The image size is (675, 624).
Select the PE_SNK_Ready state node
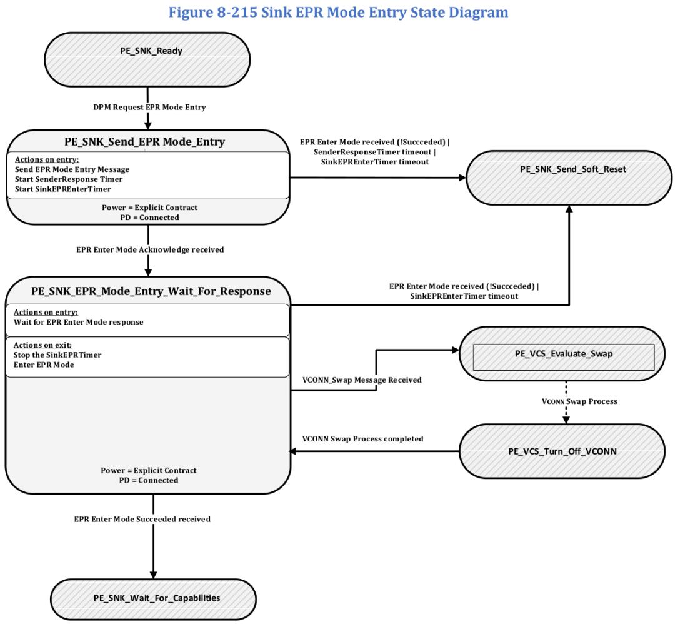coord(147,59)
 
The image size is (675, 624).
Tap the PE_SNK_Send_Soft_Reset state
coord(569,178)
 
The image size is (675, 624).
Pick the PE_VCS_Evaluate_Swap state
coord(562,353)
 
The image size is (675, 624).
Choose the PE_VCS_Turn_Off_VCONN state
coord(562,451)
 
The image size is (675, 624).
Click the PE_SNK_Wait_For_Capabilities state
coord(154,599)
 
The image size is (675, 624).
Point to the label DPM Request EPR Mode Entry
coord(149,107)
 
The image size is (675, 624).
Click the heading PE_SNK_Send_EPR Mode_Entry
coord(144,142)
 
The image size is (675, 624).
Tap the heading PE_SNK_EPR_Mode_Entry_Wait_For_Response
coord(151,291)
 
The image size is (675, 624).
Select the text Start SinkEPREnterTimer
coord(63,189)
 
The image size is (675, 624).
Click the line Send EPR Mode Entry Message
coord(72,169)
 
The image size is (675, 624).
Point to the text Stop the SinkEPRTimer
coord(57,355)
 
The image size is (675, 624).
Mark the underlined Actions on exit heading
coord(42,345)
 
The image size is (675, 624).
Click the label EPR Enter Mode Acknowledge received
coord(150,249)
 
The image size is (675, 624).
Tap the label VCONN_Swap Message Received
coord(362,380)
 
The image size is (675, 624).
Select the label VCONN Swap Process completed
coord(363,439)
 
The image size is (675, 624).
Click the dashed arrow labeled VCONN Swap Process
coord(566,402)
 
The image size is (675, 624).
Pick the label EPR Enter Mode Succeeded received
coord(142,520)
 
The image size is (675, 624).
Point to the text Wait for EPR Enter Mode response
coord(78,322)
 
